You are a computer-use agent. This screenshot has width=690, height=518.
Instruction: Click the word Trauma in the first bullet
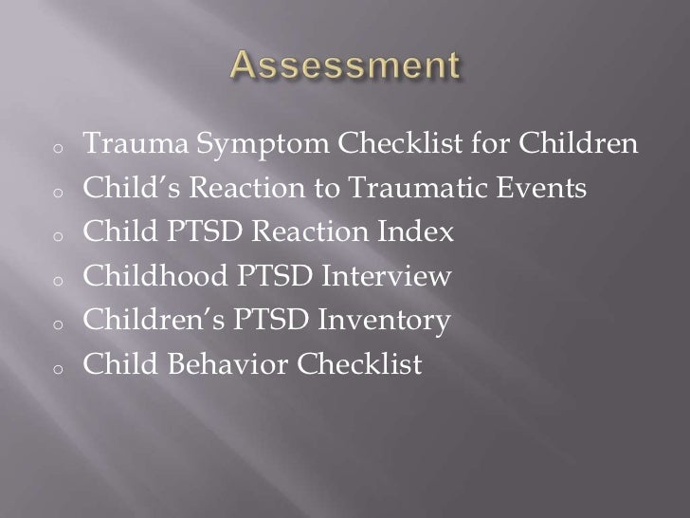point(136,145)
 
